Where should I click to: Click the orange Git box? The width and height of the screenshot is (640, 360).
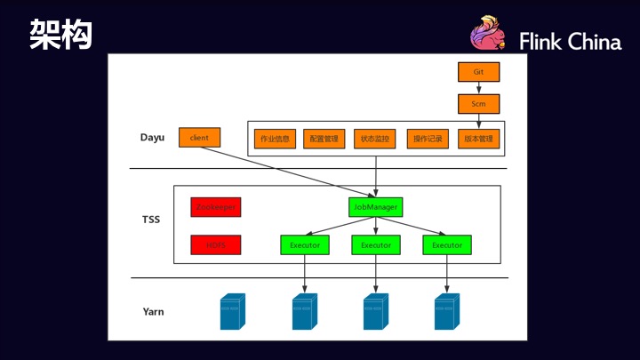click(478, 70)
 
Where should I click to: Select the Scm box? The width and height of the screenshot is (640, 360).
click(478, 104)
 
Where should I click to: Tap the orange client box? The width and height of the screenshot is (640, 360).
click(199, 138)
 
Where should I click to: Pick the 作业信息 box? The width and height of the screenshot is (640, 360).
click(275, 139)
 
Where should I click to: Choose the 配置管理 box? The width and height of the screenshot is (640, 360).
click(324, 139)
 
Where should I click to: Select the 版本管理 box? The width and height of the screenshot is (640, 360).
click(479, 139)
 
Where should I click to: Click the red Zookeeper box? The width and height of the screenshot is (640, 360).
click(215, 207)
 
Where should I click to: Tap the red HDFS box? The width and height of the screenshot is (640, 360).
click(215, 244)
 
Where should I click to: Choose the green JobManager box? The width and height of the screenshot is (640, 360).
click(375, 207)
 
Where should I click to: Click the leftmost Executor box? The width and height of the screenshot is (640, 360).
click(305, 244)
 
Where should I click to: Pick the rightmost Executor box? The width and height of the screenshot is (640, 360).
click(447, 244)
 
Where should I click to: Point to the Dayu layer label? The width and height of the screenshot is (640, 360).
click(153, 138)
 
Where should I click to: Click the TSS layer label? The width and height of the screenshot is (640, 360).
click(151, 219)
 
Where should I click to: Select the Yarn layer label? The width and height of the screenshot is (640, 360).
click(153, 312)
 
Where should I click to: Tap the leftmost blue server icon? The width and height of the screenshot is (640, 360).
click(232, 312)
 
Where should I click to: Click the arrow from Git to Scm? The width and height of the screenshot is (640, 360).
click(478, 87)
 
